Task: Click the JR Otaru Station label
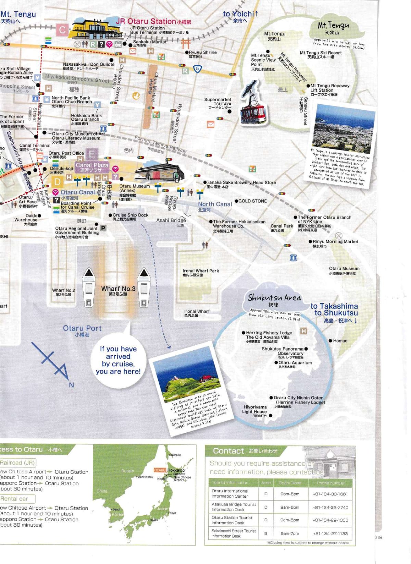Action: click(146, 21)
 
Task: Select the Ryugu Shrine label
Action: click(203, 52)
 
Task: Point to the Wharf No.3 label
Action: click(118, 289)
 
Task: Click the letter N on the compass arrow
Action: click(71, 385)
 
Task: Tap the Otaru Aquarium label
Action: click(295, 363)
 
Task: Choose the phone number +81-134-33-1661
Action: click(330, 494)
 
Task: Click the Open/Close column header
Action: click(290, 483)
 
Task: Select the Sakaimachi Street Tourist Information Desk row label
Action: click(234, 533)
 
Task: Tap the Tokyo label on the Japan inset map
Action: click(172, 513)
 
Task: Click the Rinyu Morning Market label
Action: click(335, 241)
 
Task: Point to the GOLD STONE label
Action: click(252, 201)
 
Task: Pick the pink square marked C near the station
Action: click(62, 30)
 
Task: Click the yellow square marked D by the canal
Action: click(58, 182)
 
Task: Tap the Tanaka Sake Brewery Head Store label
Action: click(241, 183)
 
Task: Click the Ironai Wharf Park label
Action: click(201, 271)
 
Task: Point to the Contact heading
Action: click(228, 451)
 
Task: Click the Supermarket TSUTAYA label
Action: click(218, 102)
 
